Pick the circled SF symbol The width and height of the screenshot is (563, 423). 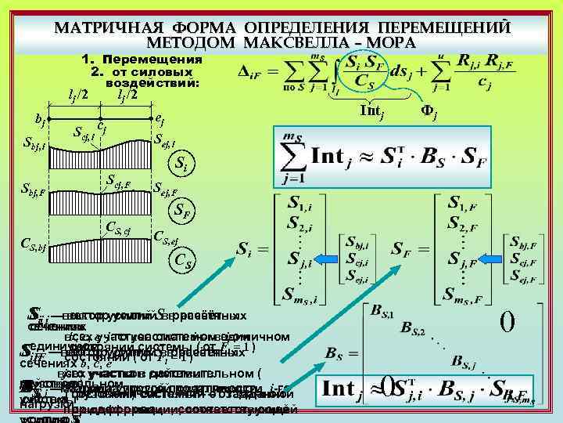[x=181, y=211]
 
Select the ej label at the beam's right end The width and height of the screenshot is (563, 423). [x=160, y=119]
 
